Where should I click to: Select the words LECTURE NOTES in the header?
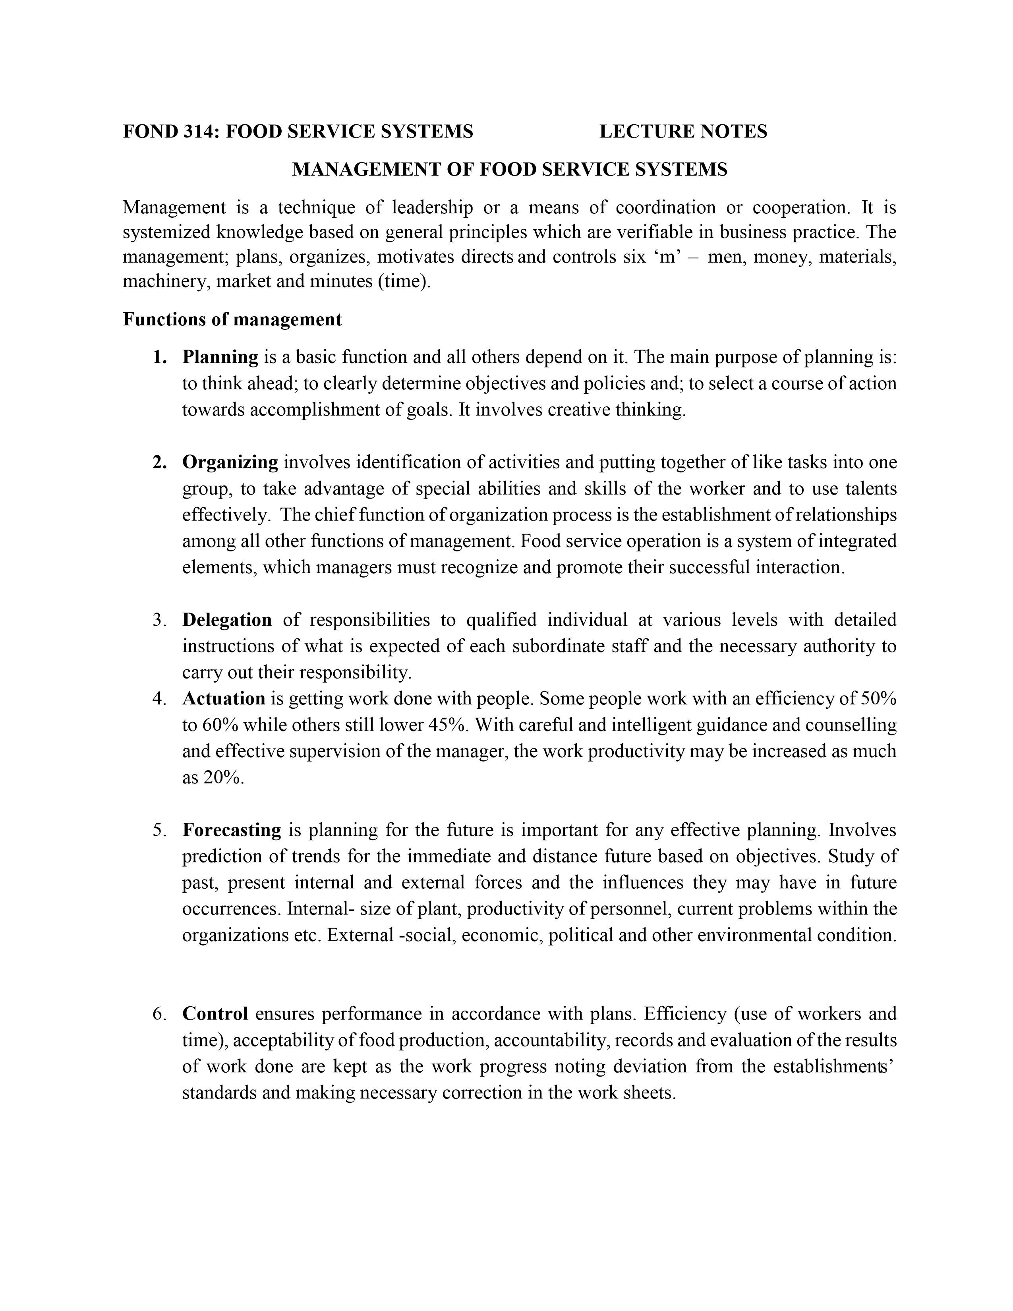pos(683,131)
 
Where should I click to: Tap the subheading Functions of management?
pos(232,319)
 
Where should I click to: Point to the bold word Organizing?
pos(230,462)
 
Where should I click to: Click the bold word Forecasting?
pos(232,830)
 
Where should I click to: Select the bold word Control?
pos(215,1014)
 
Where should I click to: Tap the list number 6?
pos(159,1014)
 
